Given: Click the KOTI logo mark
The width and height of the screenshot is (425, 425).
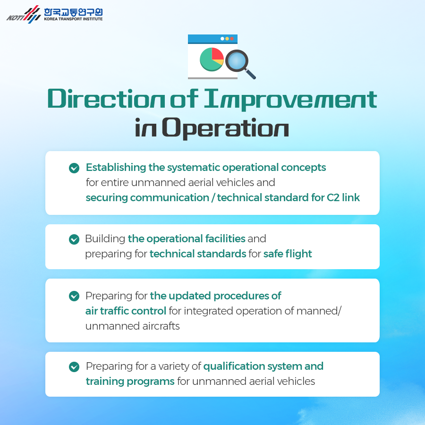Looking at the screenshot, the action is click(24, 15).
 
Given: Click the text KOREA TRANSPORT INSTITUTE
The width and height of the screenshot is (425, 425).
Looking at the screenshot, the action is click(73, 19).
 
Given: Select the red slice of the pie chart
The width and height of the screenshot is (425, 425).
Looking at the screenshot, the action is click(217, 54).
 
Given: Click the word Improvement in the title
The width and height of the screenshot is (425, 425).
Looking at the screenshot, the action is click(290, 100).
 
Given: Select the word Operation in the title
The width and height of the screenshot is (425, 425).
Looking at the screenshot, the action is click(225, 128).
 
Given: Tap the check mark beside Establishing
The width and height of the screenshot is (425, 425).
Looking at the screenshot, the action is click(74, 168).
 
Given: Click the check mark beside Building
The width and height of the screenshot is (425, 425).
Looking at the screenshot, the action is click(74, 239).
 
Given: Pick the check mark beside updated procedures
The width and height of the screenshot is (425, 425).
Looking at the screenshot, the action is click(74, 296).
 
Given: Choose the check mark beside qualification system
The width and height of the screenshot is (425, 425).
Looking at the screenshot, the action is click(74, 367).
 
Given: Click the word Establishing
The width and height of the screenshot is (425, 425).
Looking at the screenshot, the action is click(116, 168).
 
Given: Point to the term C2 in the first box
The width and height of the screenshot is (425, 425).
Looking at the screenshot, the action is click(333, 197).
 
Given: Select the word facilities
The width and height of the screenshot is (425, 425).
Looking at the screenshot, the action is click(225, 239).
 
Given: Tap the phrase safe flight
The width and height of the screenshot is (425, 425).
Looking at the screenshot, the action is click(288, 254).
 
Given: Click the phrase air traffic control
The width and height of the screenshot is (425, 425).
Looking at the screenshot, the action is click(126, 311).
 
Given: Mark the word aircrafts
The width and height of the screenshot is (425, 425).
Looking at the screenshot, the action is click(161, 326).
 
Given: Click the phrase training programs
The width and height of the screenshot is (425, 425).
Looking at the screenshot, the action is click(130, 382).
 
